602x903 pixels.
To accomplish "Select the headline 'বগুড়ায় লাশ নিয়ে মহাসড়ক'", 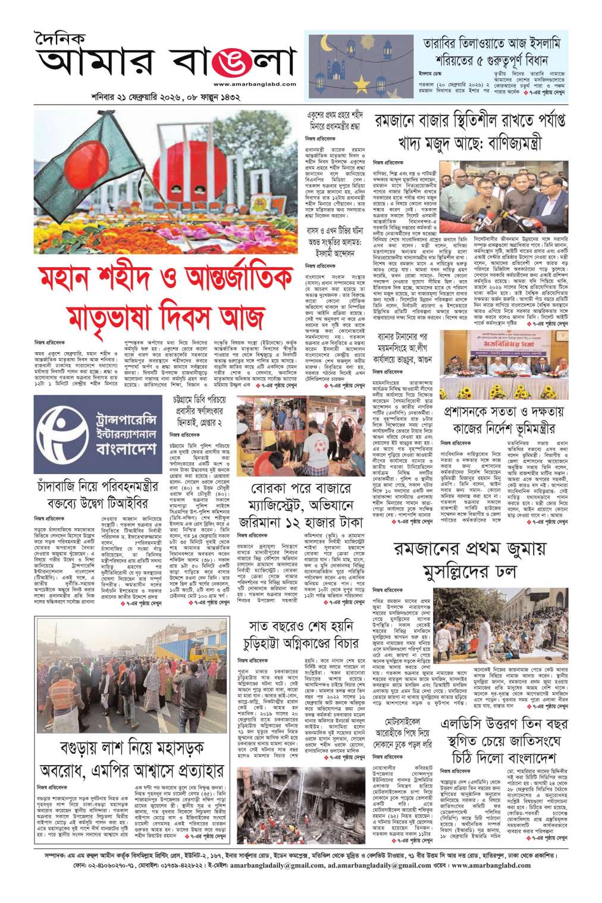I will [x=132, y=750].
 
